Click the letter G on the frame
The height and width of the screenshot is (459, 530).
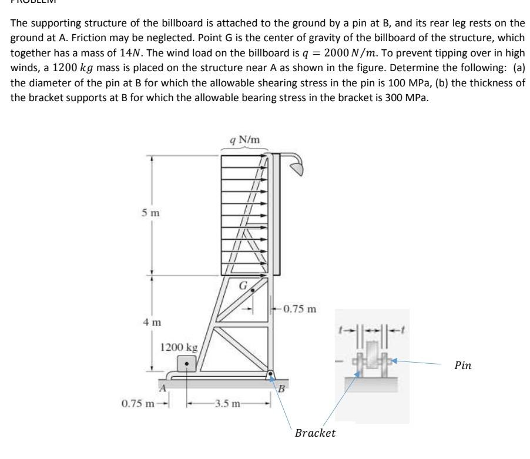(241, 287)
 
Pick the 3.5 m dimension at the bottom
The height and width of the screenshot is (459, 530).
(228, 404)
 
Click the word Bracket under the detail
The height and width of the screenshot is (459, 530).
(316, 433)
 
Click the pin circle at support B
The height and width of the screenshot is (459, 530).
(271, 373)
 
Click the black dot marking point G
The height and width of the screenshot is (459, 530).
(253, 290)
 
